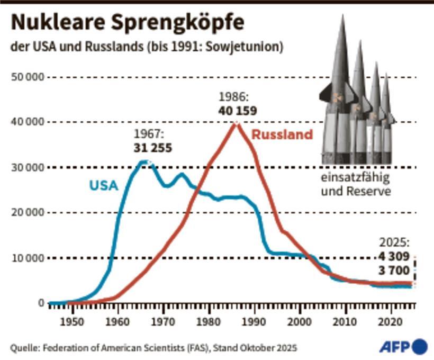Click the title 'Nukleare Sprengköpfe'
(x=128, y=23)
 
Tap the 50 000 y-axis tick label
(x=27, y=77)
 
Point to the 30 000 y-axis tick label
(x=27, y=168)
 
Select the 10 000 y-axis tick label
(x=27, y=258)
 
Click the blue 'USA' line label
(x=103, y=186)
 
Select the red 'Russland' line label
(x=282, y=134)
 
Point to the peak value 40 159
(x=237, y=111)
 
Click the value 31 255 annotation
(x=153, y=148)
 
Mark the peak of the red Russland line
(x=236, y=123)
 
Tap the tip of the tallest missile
(x=342, y=16)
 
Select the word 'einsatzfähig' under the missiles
(x=355, y=178)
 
